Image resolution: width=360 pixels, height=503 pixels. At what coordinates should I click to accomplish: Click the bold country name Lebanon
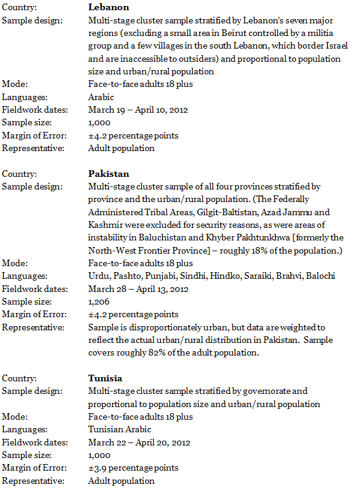108,7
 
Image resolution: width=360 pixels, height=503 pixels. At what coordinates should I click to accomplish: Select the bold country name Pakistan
108,174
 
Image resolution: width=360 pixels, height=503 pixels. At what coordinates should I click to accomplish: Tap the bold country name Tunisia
105,378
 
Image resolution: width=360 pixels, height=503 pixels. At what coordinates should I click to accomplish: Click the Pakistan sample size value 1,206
100,302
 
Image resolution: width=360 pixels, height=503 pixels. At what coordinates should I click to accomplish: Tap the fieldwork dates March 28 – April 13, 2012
139,289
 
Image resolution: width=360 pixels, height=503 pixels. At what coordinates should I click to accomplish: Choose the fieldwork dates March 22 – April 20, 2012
139,442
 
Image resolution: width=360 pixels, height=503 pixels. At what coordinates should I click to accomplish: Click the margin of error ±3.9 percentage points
133,468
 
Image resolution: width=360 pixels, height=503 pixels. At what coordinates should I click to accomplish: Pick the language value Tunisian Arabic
119,429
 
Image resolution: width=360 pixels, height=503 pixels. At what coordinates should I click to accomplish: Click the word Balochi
321,276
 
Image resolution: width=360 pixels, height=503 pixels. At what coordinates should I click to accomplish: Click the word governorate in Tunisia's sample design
263,391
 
